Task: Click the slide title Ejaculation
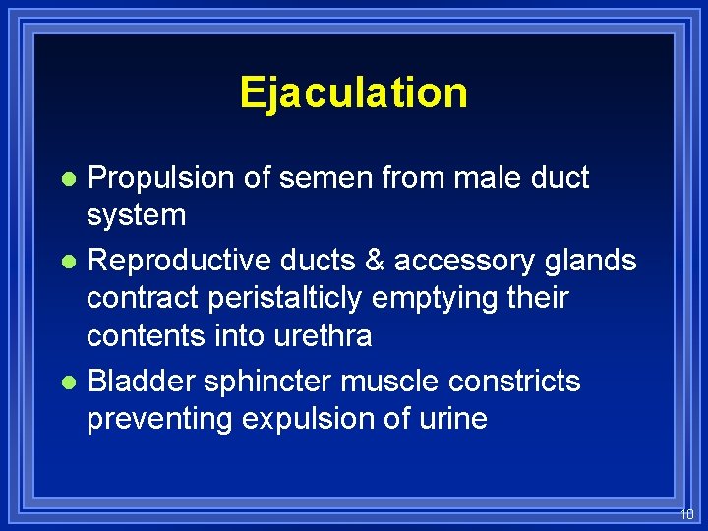[x=353, y=92]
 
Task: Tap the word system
[x=136, y=215]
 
